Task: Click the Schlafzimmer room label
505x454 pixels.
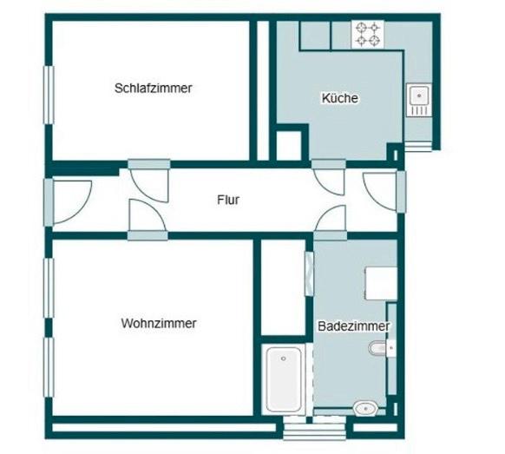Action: [x=153, y=88]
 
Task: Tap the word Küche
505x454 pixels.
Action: [x=339, y=98]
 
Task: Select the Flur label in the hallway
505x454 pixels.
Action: [x=228, y=200]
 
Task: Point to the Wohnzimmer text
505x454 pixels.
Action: [x=159, y=323]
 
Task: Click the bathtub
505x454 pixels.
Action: [x=284, y=379]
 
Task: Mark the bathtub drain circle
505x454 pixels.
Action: [x=284, y=357]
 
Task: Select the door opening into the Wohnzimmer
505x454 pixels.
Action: [x=144, y=216]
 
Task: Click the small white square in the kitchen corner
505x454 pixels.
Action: [x=288, y=143]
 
